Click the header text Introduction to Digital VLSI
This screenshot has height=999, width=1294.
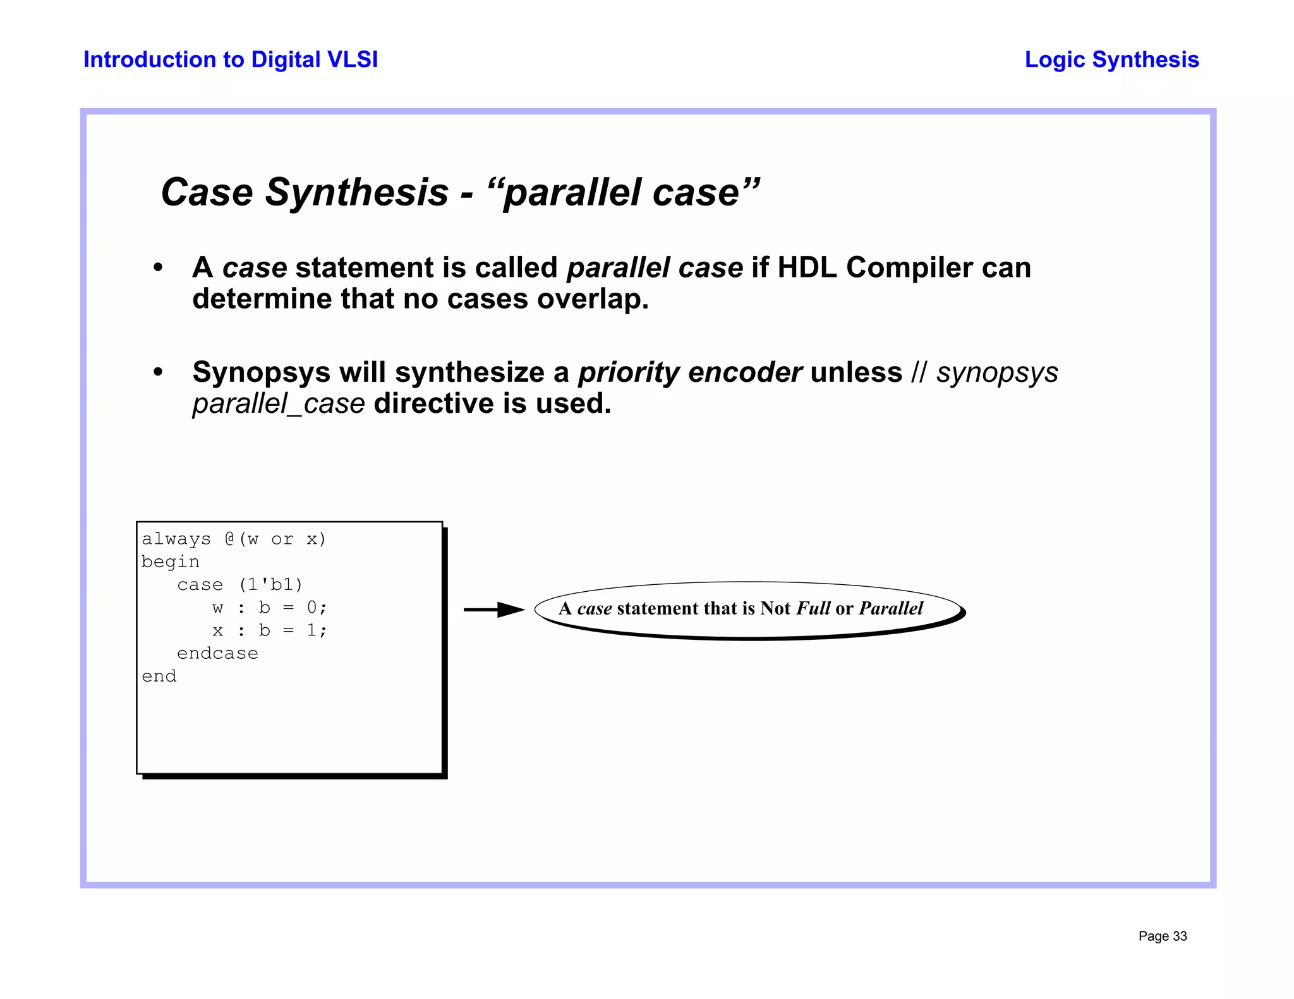coord(231,59)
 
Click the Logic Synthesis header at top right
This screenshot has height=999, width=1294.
coord(1111,59)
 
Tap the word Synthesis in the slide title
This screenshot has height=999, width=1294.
coord(356,192)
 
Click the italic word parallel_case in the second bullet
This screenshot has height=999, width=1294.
coord(279,404)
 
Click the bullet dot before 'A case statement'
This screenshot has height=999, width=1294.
coord(158,268)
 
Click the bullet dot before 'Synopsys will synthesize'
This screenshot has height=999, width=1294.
coord(158,372)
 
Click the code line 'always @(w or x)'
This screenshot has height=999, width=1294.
coord(234,539)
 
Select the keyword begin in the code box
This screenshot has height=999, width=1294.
coord(170,562)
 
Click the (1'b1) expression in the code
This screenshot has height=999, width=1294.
coord(270,585)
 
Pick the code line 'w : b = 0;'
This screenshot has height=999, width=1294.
coord(270,608)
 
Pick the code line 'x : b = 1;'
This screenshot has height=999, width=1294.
coord(270,630)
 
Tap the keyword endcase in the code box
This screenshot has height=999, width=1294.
coord(217,653)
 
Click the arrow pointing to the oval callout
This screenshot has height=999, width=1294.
coord(494,610)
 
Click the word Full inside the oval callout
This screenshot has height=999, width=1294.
coord(813,608)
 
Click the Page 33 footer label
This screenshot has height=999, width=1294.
coord(1162,936)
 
